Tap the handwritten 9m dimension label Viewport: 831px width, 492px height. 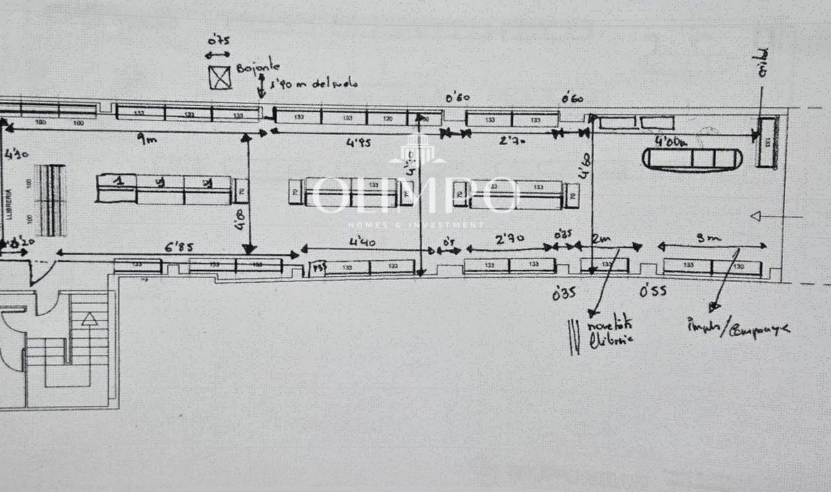[146, 141]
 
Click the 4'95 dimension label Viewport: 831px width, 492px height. [359, 142]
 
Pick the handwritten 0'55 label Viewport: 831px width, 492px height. [653, 290]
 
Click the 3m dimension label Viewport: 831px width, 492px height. [704, 239]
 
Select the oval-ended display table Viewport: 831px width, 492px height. [692, 158]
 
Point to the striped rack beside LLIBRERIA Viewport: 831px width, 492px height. [51, 200]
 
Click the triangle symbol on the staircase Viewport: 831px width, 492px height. [89, 319]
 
